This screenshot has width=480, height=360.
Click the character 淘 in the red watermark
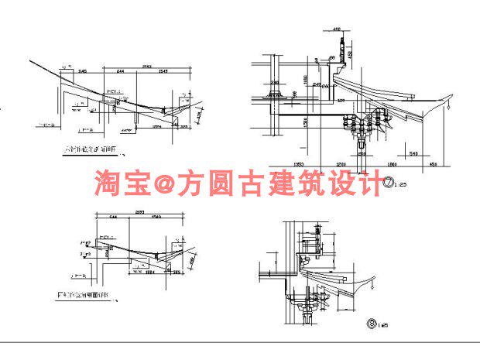coord(108,183)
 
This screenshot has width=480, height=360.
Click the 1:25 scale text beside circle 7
coord(401,185)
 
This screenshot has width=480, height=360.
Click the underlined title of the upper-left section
coord(92,149)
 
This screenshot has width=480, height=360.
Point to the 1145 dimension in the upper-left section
coord(81,71)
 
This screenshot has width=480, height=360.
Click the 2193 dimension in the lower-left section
coord(140,211)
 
